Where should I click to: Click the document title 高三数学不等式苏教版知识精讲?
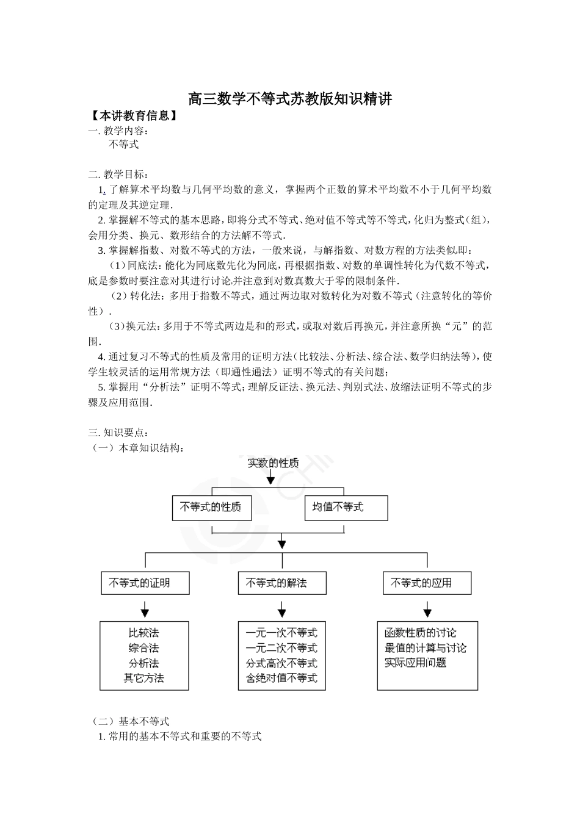click(289, 98)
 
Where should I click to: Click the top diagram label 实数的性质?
click(273, 463)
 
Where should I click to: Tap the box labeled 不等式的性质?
click(211, 508)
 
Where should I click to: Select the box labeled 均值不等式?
click(346, 508)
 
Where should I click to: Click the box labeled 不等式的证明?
click(145, 583)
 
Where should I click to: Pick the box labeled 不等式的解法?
click(281, 583)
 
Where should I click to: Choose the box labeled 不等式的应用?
click(427, 583)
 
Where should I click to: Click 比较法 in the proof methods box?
click(144, 633)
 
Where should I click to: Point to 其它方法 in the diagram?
click(144, 678)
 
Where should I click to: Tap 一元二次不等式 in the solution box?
click(281, 648)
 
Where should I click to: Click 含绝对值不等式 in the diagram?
click(281, 678)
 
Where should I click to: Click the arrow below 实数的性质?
click(270, 479)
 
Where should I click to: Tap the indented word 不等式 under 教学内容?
click(124, 145)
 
